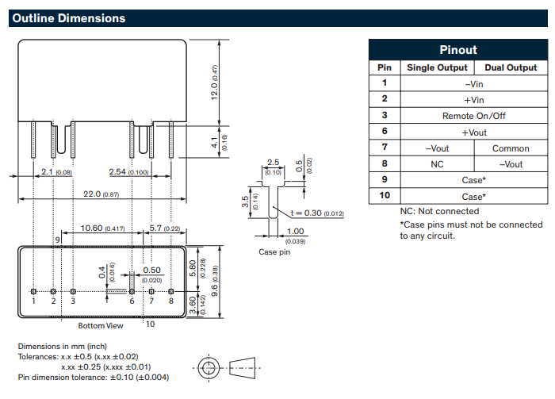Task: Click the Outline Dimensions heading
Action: pos(69,18)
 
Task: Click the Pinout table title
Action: pos(458,49)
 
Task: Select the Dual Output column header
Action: pos(511,67)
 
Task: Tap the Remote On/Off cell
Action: pos(473,116)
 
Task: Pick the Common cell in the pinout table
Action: pos(511,148)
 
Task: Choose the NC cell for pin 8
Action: pos(437,164)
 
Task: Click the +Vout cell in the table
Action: pos(473,132)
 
